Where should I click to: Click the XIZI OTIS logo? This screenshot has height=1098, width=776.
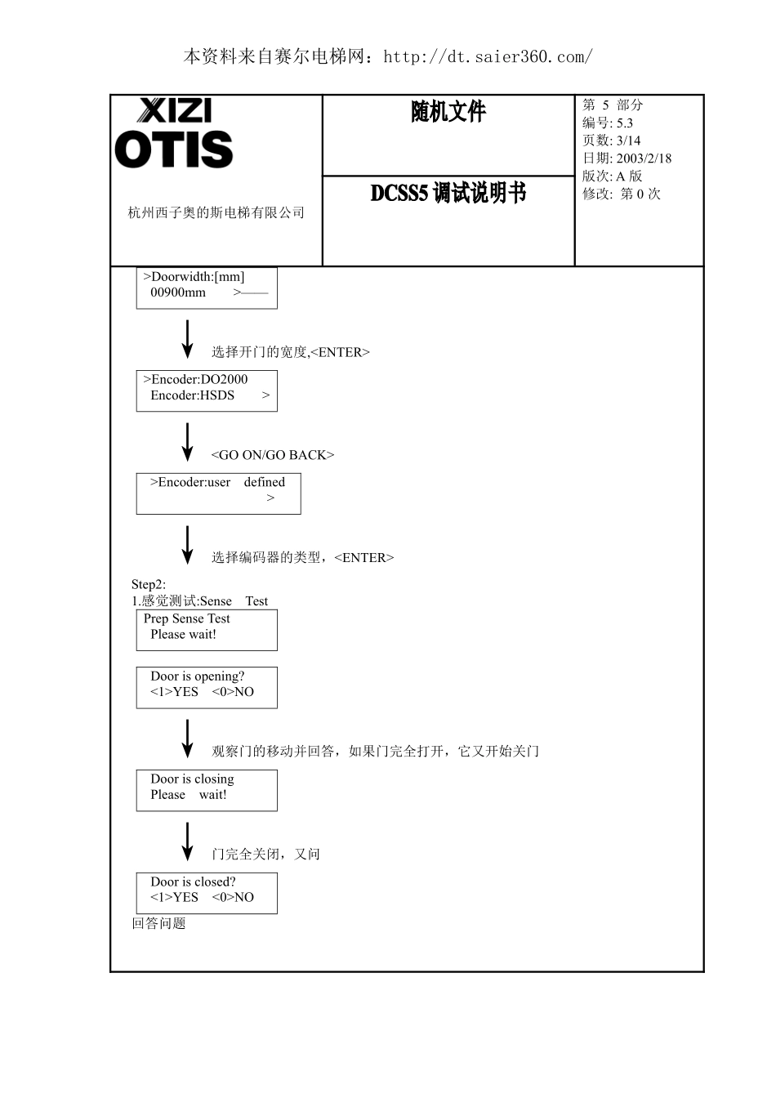pyautogui.click(x=174, y=134)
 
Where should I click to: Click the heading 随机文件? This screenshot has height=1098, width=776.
pyautogui.click(x=448, y=112)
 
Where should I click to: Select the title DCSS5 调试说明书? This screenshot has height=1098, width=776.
pyautogui.click(x=448, y=194)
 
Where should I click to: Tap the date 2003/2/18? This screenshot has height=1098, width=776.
pyautogui.click(x=644, y=158)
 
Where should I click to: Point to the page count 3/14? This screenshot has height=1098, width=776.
pyautogui.click(x=628, y=141)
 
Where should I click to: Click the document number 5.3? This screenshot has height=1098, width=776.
pyautogui.click(x=624, y=123)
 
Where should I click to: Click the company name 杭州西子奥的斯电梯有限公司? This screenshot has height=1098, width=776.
pyautogui.click(x=216, y=213)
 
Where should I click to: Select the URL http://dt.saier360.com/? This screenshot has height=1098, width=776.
pyautogui.click(x=488, y=56)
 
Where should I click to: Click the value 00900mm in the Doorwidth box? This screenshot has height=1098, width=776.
pyautogui.click(x=178, y=292)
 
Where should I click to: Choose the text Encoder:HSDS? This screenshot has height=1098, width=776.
pyautogui.click(x=192, y=395)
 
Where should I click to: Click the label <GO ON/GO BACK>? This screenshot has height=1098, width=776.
pyautogui.click(x=273, y=455)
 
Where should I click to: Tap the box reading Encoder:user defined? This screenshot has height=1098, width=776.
pyautogui.click(x=218, y=493)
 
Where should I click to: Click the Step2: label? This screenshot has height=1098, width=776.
pyautogui.click(x=149, y=584)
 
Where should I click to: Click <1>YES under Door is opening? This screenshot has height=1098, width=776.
pyautogui.click(x=174, y=692)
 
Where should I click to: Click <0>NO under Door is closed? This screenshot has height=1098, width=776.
pyautogui.click(x=233, y=898)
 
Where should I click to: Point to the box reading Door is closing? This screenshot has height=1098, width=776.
pyautogui.click(x=207, y=790)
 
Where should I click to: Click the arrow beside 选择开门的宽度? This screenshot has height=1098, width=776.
pyautogui.click(x=187, y=339)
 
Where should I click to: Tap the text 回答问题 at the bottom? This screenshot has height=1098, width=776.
pyautogui.click(x=159, y=924)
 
